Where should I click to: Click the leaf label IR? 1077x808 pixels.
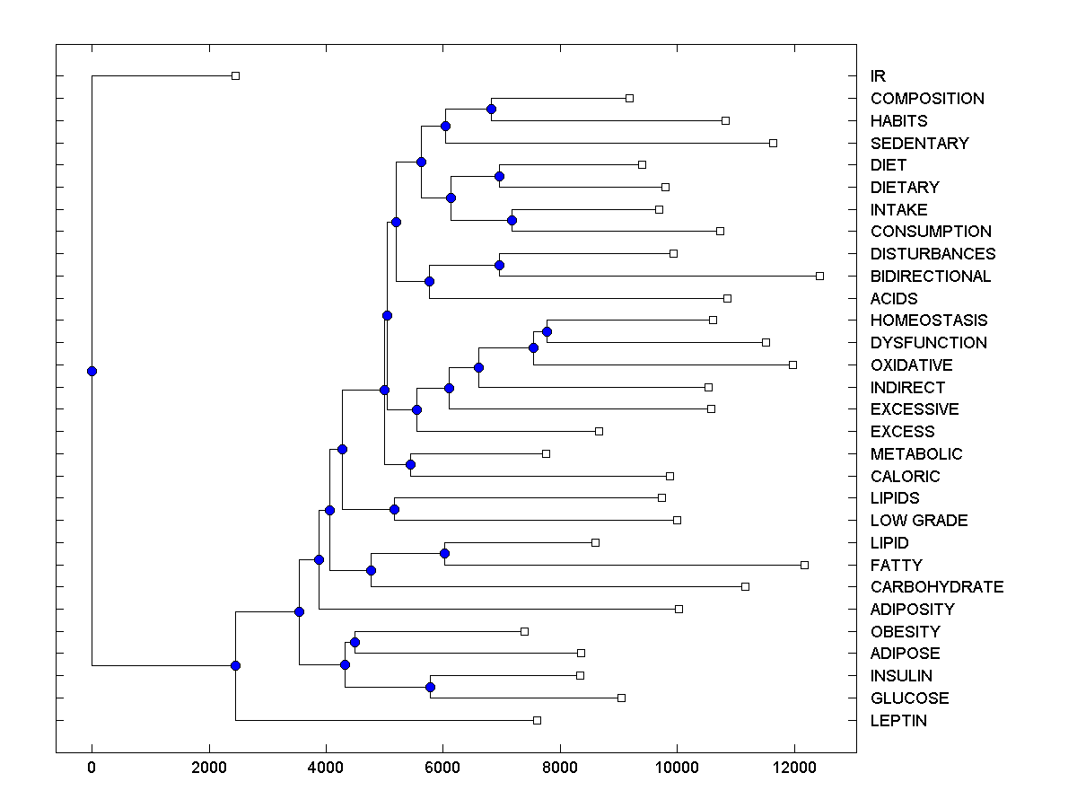pos(878,76)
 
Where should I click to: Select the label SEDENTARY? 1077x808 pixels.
pos(919,143)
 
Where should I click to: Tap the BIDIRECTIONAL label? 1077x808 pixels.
pos(931,277)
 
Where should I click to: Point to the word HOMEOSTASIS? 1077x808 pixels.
pos(929,321)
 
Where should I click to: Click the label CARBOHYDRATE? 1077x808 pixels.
pos(937,587)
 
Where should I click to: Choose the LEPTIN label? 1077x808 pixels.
pos(898,721)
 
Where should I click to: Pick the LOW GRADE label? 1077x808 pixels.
pos(919,521)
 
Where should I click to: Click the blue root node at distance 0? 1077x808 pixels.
pos(92,371)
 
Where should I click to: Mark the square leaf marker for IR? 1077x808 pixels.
pos(235,76)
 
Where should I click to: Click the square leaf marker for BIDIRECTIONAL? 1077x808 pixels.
pos(819,276)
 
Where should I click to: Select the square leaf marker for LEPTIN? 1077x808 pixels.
pos(537,720)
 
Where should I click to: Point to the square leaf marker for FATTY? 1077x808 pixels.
pos(804,565)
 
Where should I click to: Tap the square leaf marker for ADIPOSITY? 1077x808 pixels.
pos(679,609)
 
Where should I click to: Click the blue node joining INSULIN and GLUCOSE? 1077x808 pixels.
pos(430,687)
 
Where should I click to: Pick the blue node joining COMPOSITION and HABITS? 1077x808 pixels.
pos(491,109)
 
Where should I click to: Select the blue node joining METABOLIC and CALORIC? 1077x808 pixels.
pos(410,464)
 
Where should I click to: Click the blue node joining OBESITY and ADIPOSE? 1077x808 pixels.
pos(355,642)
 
